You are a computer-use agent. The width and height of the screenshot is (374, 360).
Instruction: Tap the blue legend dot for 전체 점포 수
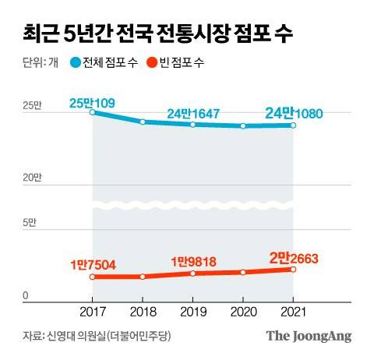[x=75, y=62]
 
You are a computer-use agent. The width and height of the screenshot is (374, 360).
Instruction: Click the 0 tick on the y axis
[x=25, y=295]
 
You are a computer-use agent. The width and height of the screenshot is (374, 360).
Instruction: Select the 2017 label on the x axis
[x=93, y=312]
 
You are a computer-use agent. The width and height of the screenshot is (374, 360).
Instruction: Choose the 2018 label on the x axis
[x=143, y=312]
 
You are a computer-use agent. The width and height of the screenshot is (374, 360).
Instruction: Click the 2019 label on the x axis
[x=192, y=312]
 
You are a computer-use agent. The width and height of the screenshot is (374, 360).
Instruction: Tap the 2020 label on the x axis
[x=243, y=312]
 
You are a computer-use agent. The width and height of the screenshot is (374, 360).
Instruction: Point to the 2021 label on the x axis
[x=293, y=312]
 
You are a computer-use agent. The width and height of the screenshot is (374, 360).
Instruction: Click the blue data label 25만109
[x=93, y=101]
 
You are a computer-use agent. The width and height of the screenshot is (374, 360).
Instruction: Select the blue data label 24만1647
[x=193, y=114]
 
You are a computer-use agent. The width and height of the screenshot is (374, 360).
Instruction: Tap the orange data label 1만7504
[x=93, y=265]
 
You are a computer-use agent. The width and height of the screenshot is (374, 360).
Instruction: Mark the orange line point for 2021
[x=293, y=270]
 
